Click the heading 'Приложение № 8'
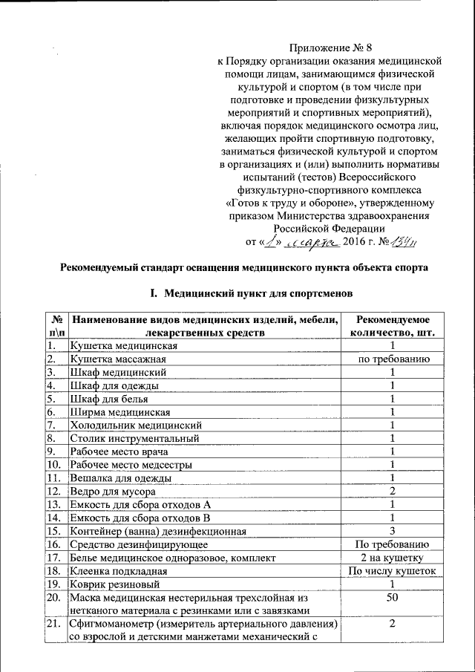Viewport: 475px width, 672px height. tap(329, 49)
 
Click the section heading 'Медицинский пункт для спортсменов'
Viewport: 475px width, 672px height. tap(256, 295)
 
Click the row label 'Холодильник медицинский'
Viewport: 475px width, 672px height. tap(136, 425)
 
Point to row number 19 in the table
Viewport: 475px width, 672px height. tap(53, 584)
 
